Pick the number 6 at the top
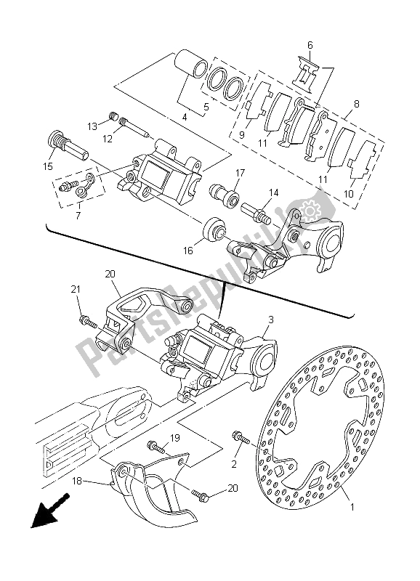click(310, 45)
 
